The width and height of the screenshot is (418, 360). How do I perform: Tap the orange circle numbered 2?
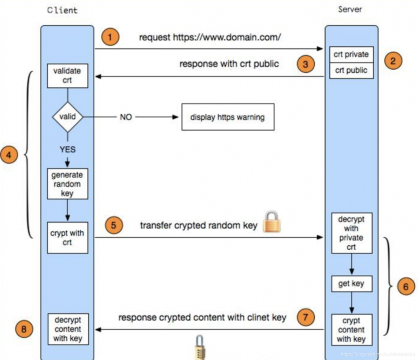point(393,61)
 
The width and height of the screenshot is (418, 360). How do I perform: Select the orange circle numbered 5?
point(114,226)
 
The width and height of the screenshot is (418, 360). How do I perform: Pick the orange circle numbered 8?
point(24,329)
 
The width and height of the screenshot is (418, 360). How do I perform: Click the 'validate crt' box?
point(67,76)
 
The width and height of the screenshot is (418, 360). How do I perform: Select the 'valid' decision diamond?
point(67,117)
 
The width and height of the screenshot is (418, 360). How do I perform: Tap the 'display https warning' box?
point(227,117)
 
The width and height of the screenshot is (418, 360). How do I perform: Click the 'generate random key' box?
point(67,184)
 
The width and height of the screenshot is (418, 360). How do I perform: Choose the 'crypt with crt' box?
point(67,237)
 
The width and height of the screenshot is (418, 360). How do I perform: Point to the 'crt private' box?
point(351,55)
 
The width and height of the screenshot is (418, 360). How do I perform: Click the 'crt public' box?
point(351,70)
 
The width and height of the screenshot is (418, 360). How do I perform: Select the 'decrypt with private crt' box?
point(351,233)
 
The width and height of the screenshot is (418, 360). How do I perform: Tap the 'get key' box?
point(351,284)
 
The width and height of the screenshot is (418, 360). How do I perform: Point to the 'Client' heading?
point(62,10)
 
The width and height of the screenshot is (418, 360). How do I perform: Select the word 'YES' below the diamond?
point(67,149)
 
